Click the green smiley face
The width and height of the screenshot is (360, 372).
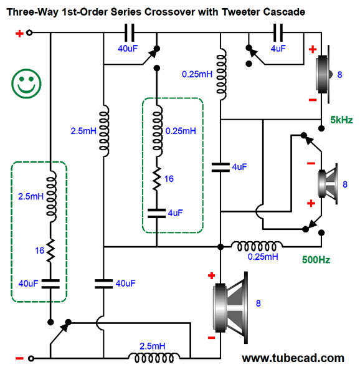[x=26, y=83]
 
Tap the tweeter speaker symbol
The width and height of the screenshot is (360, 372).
[x=323, y=74]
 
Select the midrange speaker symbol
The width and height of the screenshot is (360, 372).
[x=328, y=184]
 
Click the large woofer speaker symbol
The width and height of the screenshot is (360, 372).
[x=230, y=308]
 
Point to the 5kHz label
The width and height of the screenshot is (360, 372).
[x=341, y=120]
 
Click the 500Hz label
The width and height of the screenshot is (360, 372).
[x=316, y=260]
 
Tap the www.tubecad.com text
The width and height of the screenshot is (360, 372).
[x=293, y=358]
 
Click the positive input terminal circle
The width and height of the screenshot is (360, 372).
[x=29, y=33]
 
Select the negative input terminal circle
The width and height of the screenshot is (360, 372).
[x=31, y=358]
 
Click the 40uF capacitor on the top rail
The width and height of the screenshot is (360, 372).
[x=130, y=33]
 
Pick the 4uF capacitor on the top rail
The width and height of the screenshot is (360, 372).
[x=278, y=33]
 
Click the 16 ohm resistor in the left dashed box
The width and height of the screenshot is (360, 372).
[x=50, y=250]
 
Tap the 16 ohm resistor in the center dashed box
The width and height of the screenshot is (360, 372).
[x=156, y=179]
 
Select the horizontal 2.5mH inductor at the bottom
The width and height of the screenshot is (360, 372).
[x=154, y=358]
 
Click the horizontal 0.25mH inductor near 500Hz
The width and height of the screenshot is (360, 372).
[x=257, y=246]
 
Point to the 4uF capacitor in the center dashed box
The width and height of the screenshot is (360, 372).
[x=156, y=213]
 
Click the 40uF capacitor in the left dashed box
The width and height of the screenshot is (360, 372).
[x=50, y=284]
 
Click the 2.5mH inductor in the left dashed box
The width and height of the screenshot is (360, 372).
[x=51, y=196]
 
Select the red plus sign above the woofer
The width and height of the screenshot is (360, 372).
[x=211, y=275]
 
